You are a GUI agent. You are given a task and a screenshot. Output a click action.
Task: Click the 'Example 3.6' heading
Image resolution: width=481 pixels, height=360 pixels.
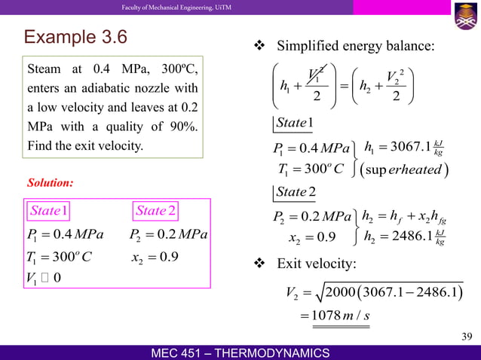tap(76, 37)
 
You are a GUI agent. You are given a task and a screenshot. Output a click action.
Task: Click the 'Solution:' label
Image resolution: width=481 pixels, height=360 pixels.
tap(51, 182)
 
